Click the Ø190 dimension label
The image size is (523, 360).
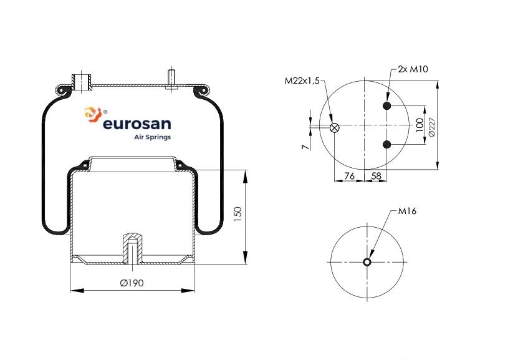pyautogui.click(x=132, y=283)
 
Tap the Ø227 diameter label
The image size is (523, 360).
pyautogui.click(x=431, y=127)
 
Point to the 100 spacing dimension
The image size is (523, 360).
pyautogui.click(x=420, y=125)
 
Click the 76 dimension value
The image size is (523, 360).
pyautogui.click(x=349, y=176)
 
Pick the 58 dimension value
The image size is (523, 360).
pyautogui.click(x=376, y=176)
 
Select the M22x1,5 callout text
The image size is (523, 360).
pyautogui.click(x=302, y=81)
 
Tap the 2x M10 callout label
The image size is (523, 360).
pyautogui.click(x=413, y=69)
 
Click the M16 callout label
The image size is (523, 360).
pyautogui.click(x=407, y=211)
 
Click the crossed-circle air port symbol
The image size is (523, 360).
pyautogui.click(x=334, y=127)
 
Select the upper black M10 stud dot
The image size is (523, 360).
pyautogui.click(x=386, y=106)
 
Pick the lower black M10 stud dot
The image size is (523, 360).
pyautogui.click(x=386, y=145)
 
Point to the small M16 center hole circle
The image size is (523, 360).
pyautogui.click(x=367, y=262)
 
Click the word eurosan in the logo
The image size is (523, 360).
pyautogui.click(x=137, y=124)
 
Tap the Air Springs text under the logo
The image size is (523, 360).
pyautogui.click(x=153, y=137)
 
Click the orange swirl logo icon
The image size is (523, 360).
pyautogui.click(x=92, y=114)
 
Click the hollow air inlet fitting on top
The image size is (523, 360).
pyautogui.click(x=82, y=82)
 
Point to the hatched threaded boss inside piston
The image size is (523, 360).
pyautogui.click(x=133, y=248)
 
